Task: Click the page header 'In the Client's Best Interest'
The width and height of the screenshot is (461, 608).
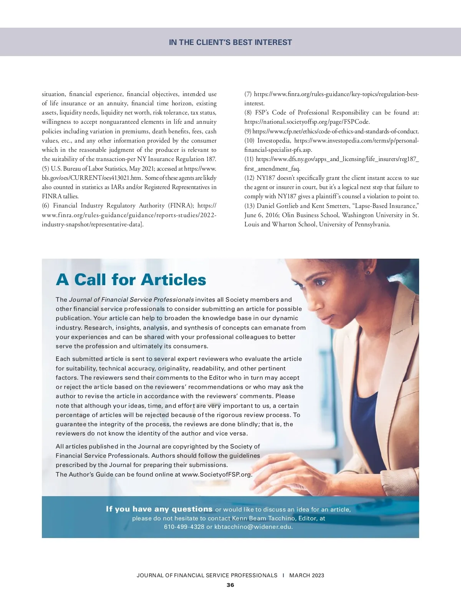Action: pyautogui.click(x=230, y=42)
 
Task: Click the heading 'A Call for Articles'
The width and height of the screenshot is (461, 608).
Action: pyautogui.click(x=131, y=280)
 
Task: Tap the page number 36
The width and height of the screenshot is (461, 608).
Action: pyautogui.click(x=230, y=585)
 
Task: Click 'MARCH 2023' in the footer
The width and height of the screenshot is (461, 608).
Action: pyautogui.click(x=307, y=575)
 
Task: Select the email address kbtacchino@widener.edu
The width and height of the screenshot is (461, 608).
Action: pyautogui.click(x=253, y=527)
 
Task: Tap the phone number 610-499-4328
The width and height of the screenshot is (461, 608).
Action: pyautogui.click(x=184, y=527)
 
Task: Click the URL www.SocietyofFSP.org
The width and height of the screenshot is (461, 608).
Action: pyautogui.click(x=217, y=474)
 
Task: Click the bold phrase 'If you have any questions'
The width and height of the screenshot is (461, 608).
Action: pyautogui.click(x=159, y=509)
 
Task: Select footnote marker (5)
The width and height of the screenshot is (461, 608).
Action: pyautogui.click(x=46, y=168)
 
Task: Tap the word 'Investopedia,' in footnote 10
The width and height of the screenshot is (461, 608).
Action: pyautogui.click(x=274, y=140)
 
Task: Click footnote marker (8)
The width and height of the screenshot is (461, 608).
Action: pyautogui.click(x=248, y=113)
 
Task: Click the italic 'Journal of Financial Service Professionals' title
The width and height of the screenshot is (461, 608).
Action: pyautogui.click(x=131, y=299)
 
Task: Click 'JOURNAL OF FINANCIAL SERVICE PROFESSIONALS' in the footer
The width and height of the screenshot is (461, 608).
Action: pyautogui.click(x=207, y=575)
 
